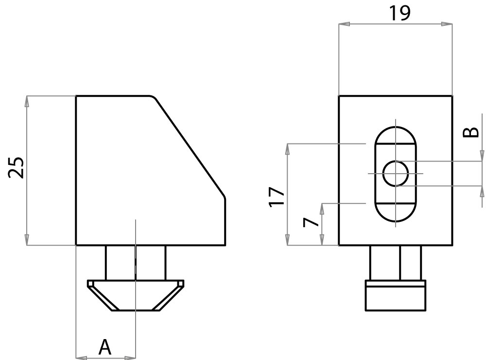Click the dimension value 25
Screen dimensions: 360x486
(17, 168)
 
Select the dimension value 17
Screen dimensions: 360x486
(277, 196)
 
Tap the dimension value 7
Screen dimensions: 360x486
(310, 223)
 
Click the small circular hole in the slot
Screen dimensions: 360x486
(395, 174)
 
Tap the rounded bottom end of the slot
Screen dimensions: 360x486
(395, 214)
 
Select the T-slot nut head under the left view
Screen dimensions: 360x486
(136, 295)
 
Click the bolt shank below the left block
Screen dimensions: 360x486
(136, 263)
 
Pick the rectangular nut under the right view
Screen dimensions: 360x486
(396, 294)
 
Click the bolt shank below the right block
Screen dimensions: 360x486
(396, 263)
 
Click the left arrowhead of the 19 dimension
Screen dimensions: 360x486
(343, 23)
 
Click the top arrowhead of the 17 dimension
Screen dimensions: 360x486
(287, 148)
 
